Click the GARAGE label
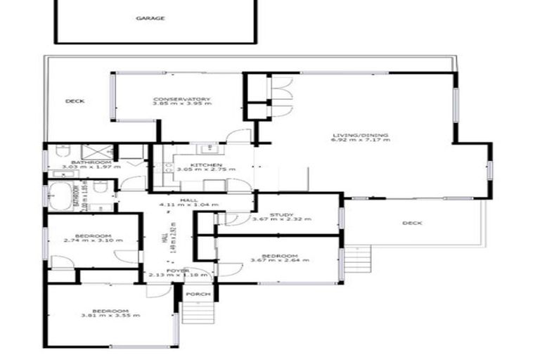tap(150, 18)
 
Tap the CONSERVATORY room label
tap(181, 99)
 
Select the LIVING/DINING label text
tap(361, 135)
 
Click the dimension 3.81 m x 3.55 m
tap(110, 316)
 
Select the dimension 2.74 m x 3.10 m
tap(93, 240)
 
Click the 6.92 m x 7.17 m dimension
tap(360, 140)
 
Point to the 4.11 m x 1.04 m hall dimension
tap(188, 205)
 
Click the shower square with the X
tap(92, 153)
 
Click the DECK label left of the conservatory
tap(75, 101)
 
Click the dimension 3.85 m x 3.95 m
tap(181, 104)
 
